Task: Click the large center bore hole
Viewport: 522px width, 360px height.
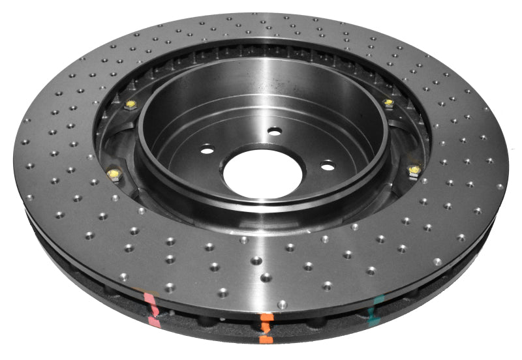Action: coord(263,171)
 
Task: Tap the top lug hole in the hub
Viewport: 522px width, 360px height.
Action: coord(275,130)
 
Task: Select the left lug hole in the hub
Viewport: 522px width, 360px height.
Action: coord(207,151)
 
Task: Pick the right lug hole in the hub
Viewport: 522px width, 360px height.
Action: coord(328,166)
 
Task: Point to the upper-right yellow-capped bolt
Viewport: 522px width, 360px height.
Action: coord(389,102)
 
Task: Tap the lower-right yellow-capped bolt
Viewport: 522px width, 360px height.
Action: coord(412,171)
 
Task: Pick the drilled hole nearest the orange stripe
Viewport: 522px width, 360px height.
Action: coord(282,304)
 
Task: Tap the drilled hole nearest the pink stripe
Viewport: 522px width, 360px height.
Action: coord(169,287)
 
